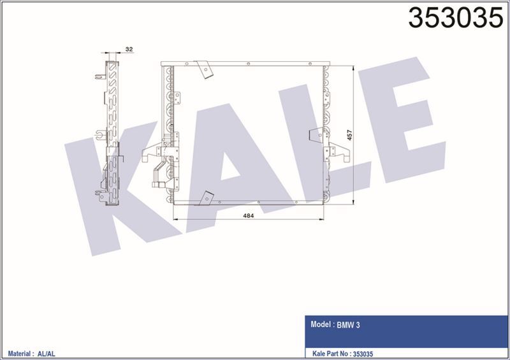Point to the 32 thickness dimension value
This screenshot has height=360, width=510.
(x=129, y=48)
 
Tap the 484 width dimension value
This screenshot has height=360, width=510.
(x=249, y=216)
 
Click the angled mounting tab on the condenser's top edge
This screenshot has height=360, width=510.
(x=205, y=68)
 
